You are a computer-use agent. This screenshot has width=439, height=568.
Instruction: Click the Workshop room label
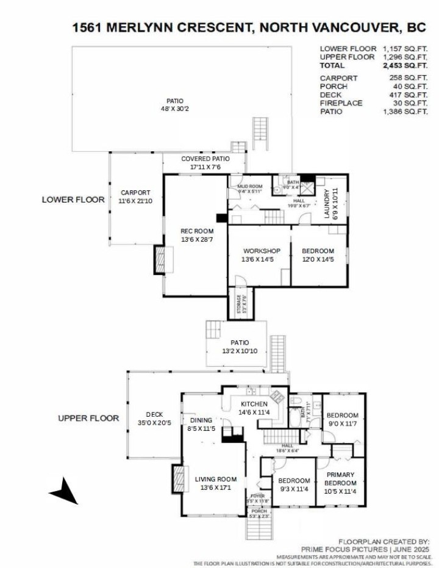pos(261,251)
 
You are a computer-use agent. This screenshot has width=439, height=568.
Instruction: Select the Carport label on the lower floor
pos(135,192)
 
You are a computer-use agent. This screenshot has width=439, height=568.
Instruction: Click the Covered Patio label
pos(205,159)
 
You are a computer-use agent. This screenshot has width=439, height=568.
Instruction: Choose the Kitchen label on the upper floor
pos(254,404)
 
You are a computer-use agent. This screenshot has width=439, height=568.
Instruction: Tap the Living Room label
pos(215,479)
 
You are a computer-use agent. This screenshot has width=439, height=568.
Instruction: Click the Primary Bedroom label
pos(340,479)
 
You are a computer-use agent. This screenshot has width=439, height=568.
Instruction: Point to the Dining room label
pos(201,420)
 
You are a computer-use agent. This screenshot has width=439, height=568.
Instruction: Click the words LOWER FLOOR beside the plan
pos(73,200)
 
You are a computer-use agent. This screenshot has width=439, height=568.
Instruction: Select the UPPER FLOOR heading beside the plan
pos(88,419)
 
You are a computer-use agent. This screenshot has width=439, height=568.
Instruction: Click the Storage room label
pos(238,303)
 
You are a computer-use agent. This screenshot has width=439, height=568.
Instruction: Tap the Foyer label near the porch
pos(259,496)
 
